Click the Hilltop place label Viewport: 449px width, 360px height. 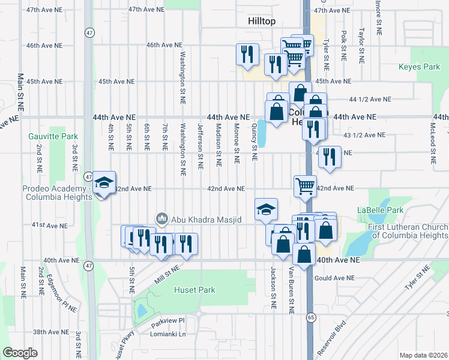pos(262,21)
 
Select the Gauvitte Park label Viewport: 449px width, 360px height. pos(49,136)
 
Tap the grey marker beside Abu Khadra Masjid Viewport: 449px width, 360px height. pos(160,220)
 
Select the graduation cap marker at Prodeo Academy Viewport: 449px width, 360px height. pos(104,183)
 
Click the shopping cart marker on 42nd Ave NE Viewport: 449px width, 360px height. pos(305,186)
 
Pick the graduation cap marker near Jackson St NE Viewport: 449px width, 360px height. pos(266,209)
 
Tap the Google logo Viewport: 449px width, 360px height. pos(20,352)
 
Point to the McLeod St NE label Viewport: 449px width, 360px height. pos(432,144)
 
